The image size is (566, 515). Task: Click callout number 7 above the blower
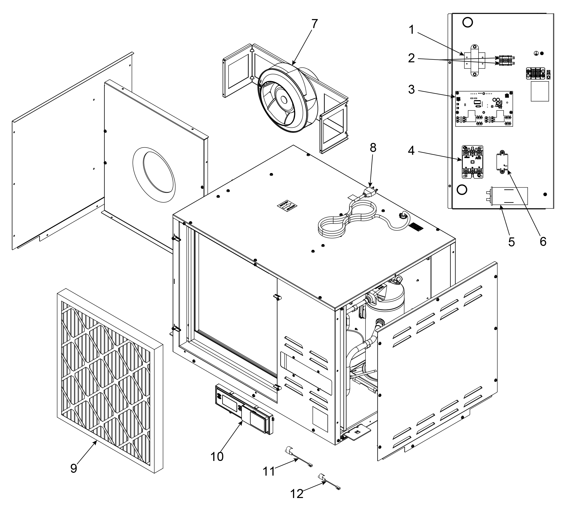point(314,24)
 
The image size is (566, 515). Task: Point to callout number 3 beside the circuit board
point(411,90)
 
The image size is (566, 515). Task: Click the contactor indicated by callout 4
point(473,161)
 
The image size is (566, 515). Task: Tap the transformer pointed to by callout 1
point(474,60)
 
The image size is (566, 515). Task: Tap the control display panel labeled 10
point(244,410)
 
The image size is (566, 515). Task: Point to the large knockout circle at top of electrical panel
point(467,22)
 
